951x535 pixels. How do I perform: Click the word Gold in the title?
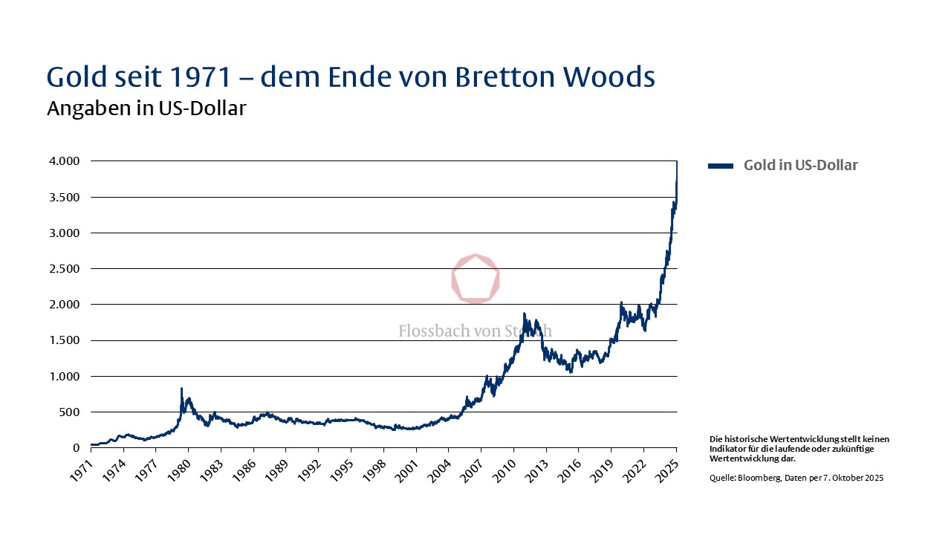pyautogui.click(x=79, y=77)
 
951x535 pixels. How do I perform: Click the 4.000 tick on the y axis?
pyautogui.click(x=64, y=161)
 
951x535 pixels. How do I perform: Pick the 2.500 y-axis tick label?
pyautogui.click(x=64, y=269)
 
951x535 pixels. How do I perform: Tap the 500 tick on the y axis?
pyautogui.click(x=70, y=412)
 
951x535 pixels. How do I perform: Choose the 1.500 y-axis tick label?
pyautogui.click(x=64, y=341)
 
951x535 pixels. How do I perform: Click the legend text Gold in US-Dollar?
pyautogui.click(x=800, y=166)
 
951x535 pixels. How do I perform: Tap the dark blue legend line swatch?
pyautogui.click(x=721, y=166)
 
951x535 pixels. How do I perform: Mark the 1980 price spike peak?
pyautogui.click(x=181, y=389)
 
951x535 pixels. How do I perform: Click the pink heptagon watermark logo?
pyautogui.click(x=475, y=279)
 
